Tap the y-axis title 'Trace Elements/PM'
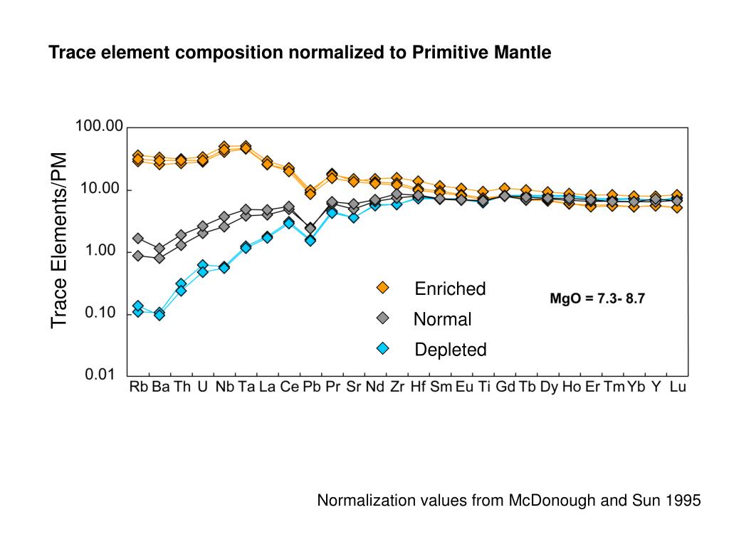[59, 241]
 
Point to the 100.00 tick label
[100, 127]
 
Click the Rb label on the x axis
[138, 388]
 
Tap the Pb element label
[310, 388]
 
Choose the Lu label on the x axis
[678, 388]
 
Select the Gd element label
[505, 388]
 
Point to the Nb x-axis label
[225, 388]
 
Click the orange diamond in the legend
[383, 288]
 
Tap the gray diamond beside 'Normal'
[383, 318]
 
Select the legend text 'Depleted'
[451, 350]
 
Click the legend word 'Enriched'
[450, 288]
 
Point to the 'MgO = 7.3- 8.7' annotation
[597, 299]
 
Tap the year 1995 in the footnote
[685, 501]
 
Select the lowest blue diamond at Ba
[159, 315]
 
